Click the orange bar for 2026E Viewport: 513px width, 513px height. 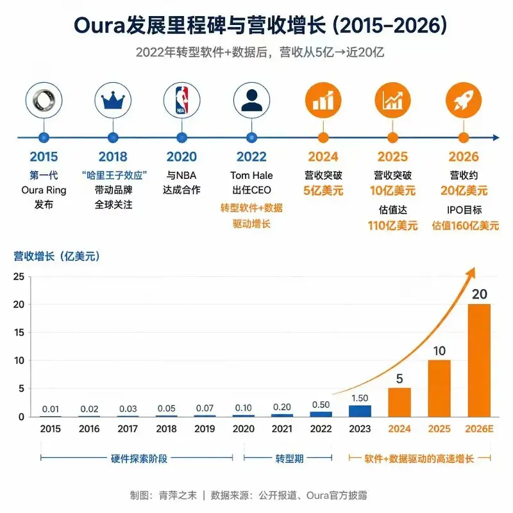tap(479, 360)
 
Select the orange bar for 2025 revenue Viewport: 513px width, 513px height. tap(439, 389)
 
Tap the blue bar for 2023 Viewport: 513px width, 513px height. tap(360, 411)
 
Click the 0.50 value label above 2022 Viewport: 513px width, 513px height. tap(321, 405)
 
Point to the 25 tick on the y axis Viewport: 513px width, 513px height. tap(19, 277)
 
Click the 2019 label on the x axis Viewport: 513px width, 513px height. tap(205, 428)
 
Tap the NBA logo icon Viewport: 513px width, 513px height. tap(182, 100)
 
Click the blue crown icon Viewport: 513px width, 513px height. tap(113, 101)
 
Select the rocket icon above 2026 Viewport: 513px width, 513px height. tap(464, 100)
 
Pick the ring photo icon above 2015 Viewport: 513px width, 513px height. tap(44, 100)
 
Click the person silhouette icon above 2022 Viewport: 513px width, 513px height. tap(251, 101)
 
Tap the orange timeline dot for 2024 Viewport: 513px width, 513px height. tap(323, 138)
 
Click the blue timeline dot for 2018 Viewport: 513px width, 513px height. tap(113, 138)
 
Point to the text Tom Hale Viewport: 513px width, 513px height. tap(251, 175)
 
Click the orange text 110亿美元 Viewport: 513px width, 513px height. tap(392, 226)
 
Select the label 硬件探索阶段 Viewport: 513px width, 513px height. tap(139, 458)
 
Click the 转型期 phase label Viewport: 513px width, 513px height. tap(289, 458)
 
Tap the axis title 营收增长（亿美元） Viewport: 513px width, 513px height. tap(56, 256)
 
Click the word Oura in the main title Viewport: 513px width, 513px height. tap(100, 25)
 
